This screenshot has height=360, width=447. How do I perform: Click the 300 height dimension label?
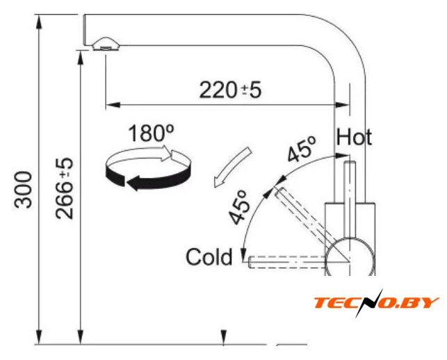23,190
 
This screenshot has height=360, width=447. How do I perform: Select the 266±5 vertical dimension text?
65,189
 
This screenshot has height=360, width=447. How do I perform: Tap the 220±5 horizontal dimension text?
230,90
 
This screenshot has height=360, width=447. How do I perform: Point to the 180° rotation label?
152,133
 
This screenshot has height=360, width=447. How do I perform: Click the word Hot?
354,137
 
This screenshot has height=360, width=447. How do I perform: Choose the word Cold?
209,257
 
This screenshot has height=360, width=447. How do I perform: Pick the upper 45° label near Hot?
302,149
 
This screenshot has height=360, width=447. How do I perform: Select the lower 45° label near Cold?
238,207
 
